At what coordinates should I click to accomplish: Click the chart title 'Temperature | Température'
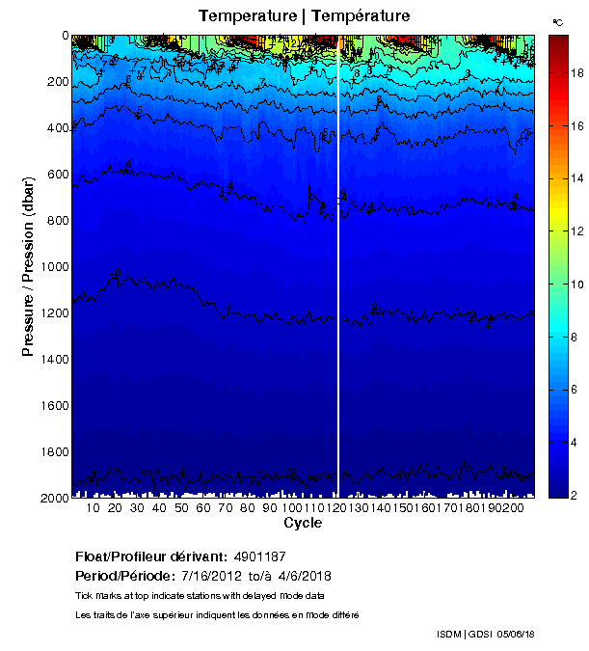(305, 15)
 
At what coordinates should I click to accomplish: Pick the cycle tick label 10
(93, 508)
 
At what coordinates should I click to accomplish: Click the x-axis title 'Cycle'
(302, 523)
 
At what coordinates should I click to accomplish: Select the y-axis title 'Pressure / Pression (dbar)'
(28, 266)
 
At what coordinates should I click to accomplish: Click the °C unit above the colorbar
(558, 21)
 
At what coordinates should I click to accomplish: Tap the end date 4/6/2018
(298, 576)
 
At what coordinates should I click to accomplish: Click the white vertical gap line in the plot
(338, 289)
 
